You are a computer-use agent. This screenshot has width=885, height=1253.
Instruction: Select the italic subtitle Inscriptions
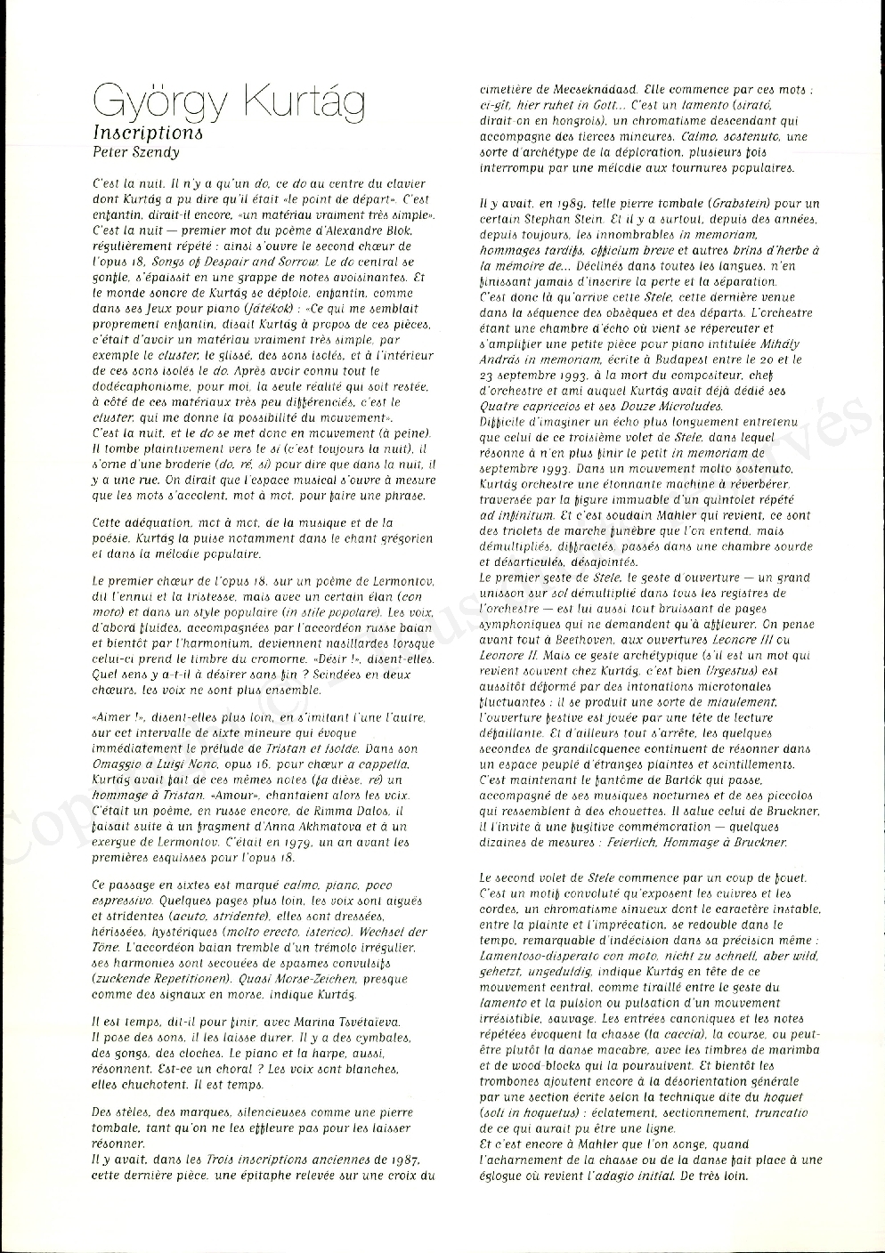pos(148,133)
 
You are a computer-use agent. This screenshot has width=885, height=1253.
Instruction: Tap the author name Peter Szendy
pos(136,151)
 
